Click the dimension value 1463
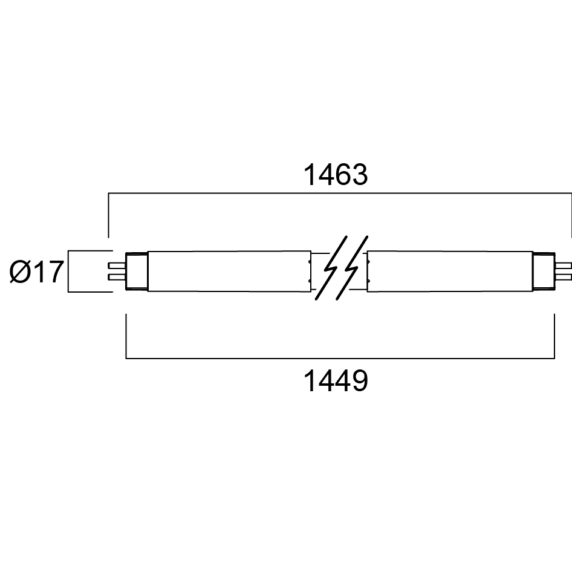pos(336,175)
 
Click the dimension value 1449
pos(336,381)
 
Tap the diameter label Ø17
pos(36,271)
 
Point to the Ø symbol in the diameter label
pos(19,271)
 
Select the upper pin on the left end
pos(117,265)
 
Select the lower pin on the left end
pos(117,278)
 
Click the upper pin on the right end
pos(564,265)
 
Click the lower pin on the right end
pos(564,278)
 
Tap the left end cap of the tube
pos(137,271)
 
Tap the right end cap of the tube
pos(544,271)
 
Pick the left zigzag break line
pos(331,268)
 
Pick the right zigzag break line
pos(352,268)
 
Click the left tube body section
pos(229,271)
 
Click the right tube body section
pos(450,271)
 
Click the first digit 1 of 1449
pos(310,381)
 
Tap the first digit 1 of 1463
pos(310,175)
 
